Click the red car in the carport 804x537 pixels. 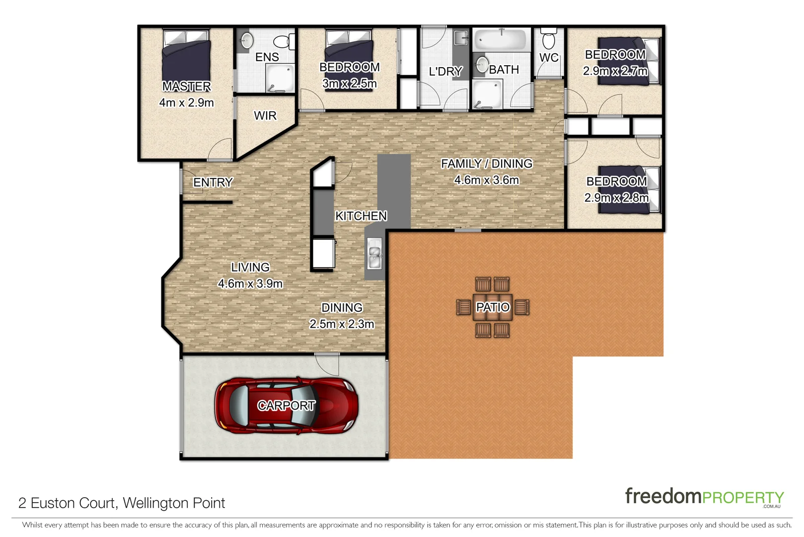pos(287,405)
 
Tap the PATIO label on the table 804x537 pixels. pos(493,307)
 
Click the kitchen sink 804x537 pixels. pos(374,253)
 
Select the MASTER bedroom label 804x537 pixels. pos(187,87)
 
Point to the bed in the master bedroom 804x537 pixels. pos(186,57)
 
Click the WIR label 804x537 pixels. pos(265,116)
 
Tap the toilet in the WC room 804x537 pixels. pos(548,40)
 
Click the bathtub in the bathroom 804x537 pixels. pos(501,39)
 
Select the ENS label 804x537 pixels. pos(267,57)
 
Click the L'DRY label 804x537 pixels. pos(445,72)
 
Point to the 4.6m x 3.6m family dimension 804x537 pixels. pos(487,180)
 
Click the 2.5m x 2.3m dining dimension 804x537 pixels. pos(342,324)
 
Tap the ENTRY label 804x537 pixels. pos(213,182)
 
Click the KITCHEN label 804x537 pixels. pos(361,216)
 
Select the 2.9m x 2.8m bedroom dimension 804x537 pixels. pos(616,198)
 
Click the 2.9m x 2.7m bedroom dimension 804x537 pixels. pos(615,71)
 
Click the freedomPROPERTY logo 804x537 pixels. pos(704,497)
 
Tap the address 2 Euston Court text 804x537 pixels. pos(122,503)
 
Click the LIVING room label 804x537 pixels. pos(250,268)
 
